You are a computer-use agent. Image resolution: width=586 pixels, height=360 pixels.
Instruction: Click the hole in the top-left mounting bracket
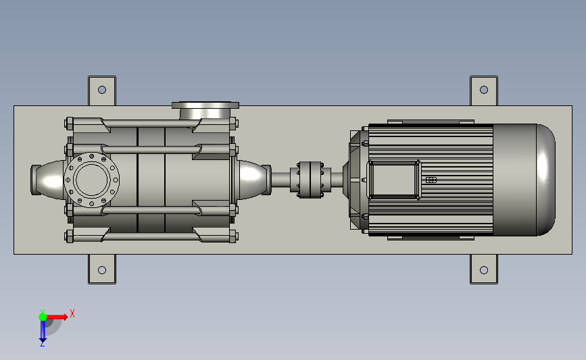[x=101, y=90]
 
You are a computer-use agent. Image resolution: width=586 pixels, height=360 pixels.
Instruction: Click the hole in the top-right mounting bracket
[x=483, y=90]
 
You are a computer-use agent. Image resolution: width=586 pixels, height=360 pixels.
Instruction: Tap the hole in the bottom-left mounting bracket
[x=101, y=270]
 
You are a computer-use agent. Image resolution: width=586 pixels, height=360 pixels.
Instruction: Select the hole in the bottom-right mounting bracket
[x=483, y=270]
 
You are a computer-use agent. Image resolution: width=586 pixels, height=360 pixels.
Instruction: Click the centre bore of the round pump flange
[x=91, y=180]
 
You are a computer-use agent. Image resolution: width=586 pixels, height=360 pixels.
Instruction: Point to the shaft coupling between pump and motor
[x=310, y=180]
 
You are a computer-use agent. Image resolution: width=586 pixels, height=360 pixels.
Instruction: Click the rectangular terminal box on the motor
[x=394, y=180]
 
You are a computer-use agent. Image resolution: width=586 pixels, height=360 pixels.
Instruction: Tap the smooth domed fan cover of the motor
[x=524, y=180]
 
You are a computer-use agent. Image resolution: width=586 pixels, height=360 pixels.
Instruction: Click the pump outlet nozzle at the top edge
[x=205, y=111]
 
